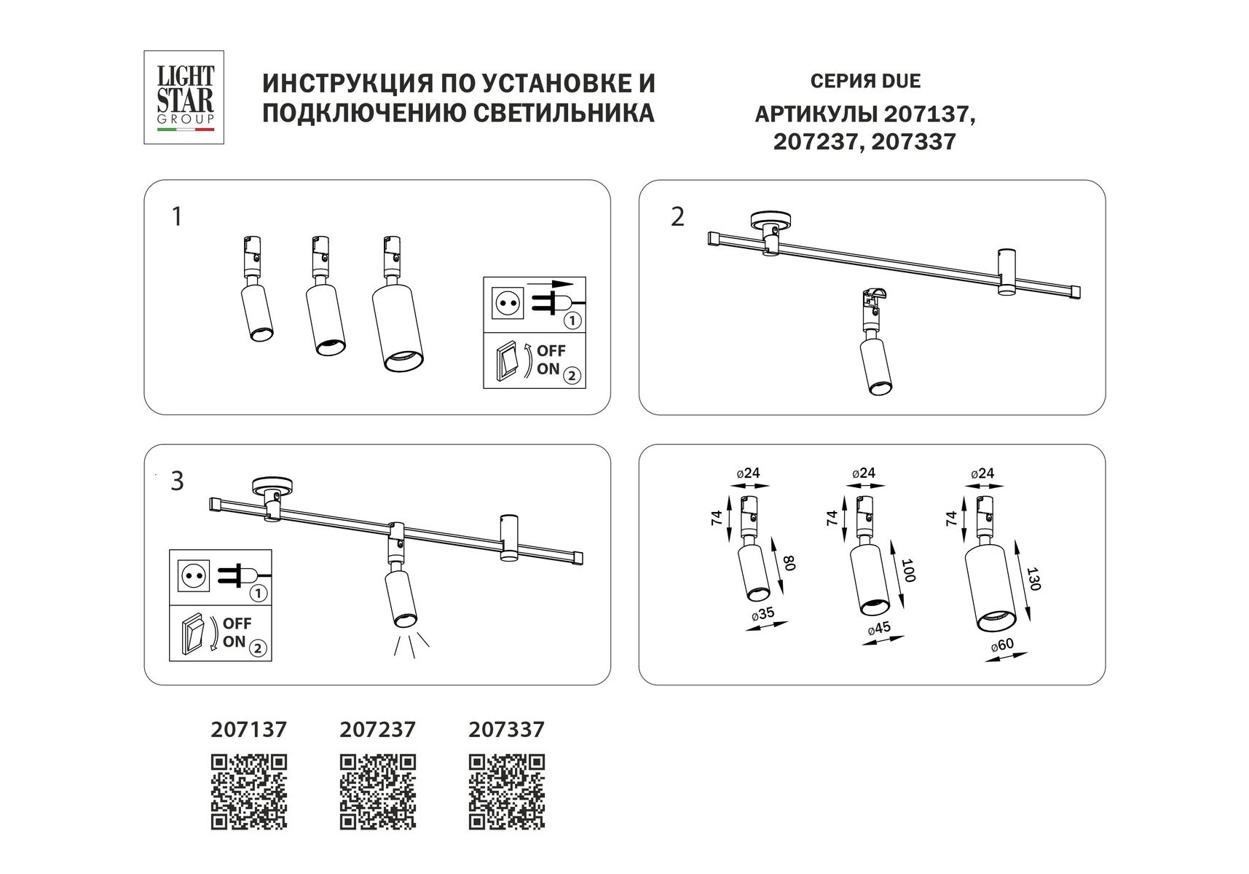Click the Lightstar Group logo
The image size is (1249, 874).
[x=184, y=97]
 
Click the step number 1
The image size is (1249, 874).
[x=176, y=217]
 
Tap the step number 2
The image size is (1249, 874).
[x=677, y=217]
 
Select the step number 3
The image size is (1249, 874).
[x=177, y=481]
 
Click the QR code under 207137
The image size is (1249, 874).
[x=249, y=792]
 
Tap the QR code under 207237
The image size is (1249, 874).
[x=378, y=792]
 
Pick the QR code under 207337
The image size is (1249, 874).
[x=507, y=792]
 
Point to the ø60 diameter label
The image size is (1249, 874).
[x=1003, y=645]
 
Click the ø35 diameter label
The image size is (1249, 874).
[x=762, y=613]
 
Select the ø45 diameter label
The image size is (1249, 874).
[x=879, y=629]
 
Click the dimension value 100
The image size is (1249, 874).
[x=908, y=570]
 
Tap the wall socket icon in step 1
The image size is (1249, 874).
[x=508, y=304]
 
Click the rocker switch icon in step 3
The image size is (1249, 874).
[x=194, y=633]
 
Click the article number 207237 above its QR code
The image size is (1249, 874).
[x=378, y=729]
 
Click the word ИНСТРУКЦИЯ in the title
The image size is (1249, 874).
[x=345, y=83]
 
